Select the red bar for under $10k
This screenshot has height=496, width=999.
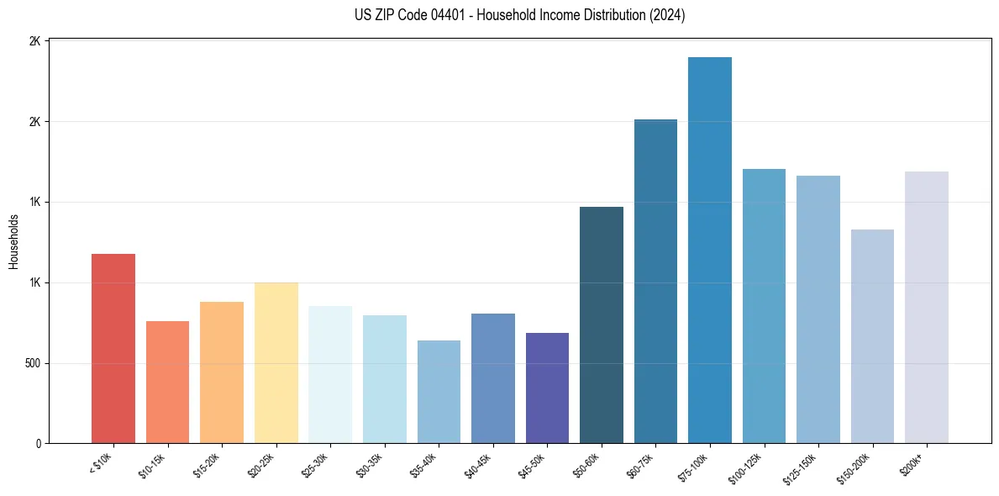click(x=113, y=348)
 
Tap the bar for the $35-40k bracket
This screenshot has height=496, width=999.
click(x=439, y=392)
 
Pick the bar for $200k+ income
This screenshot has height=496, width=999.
click(x=926, y=307)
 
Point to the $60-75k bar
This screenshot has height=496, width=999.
click(x=655, y=281)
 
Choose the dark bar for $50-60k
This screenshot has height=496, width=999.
click(x=601, y=325)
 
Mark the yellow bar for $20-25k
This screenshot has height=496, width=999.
click(x=276, y=362)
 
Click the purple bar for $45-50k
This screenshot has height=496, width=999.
click(x=547, y=388)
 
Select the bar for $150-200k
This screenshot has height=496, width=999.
click(x=872, y=336)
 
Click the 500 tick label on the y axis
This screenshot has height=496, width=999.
click(x=32, y=364)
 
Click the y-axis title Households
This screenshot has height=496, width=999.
click(x=14, y=241)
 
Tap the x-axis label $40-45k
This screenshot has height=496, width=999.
click(x=478, y=465)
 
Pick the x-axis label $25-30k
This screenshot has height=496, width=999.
click(x=315, y=465)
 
